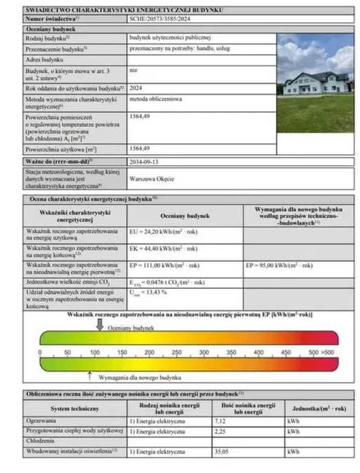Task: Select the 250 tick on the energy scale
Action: [x=176, y=353]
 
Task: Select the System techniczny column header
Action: [x=75, y=408]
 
